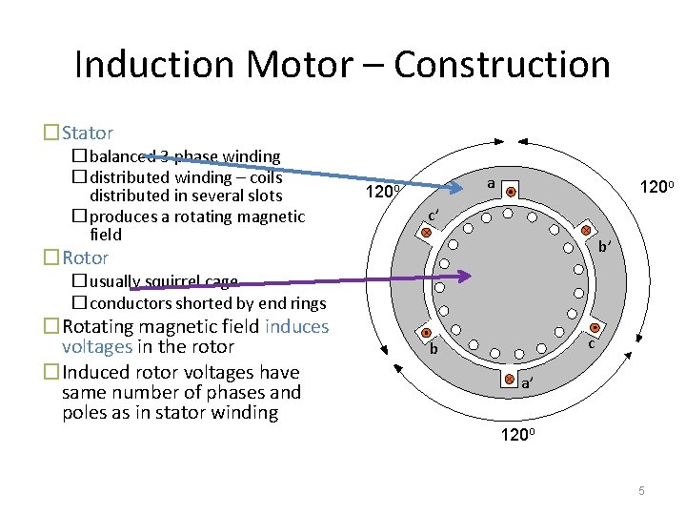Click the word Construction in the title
pos(502,65)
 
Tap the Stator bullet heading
pos(88,134)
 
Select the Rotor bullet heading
pos(86,257)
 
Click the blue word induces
pos(297,327)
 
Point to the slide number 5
pos(642,490)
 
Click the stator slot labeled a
pos(511,192)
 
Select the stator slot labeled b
pos(427,332)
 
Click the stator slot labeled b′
pos(587,231)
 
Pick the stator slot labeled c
pos(588,330)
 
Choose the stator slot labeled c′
pos(427,232)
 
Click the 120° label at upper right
pos(657,189)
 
